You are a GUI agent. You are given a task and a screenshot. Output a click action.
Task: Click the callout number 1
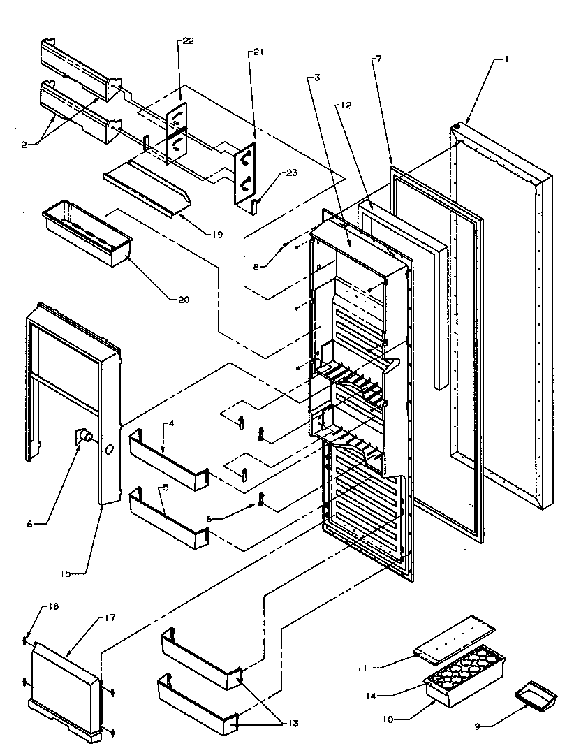[507, 60]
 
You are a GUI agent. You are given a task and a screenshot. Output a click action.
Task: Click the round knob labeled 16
[86, 437]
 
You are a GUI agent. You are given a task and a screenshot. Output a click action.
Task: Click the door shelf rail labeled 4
[168, 459]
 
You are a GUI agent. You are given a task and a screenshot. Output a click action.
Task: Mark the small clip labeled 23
[255, 203]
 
